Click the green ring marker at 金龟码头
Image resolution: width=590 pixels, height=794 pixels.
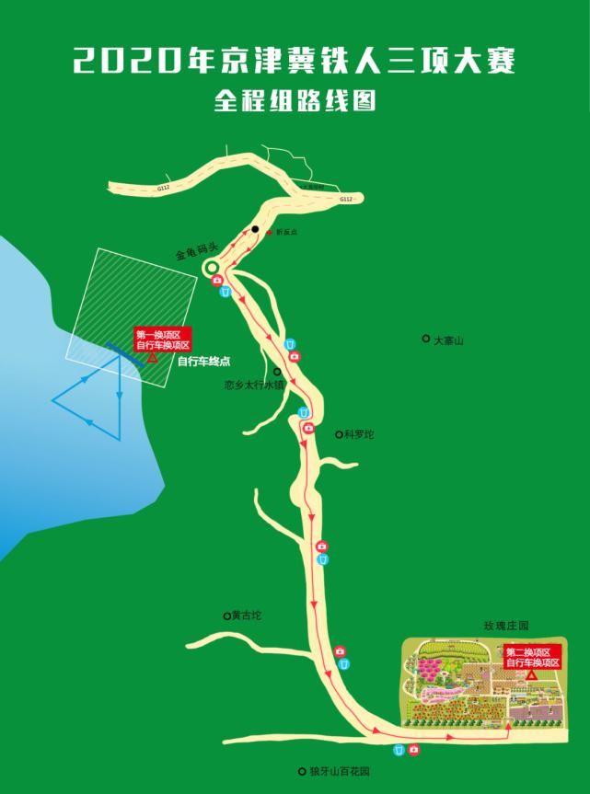pos(211,268)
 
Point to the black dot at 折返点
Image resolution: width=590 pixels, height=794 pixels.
pos(255,228)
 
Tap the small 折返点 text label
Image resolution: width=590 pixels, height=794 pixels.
pos(286,232)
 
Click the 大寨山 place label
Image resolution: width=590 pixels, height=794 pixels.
pos(448,340)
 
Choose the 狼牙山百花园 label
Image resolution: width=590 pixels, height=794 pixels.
pos(339,771)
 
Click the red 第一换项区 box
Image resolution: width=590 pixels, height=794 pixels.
pos(162,339)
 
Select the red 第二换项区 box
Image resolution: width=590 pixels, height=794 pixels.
pos(533,657)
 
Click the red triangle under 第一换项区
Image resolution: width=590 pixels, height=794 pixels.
pos(152,358)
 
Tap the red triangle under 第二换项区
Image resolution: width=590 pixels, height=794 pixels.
pos(532,676)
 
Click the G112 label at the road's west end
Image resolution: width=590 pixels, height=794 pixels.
pos(164,188)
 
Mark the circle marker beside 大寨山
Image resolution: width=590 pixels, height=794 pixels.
pos(425,339)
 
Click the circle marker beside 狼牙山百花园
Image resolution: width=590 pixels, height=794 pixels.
pos(302,771)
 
